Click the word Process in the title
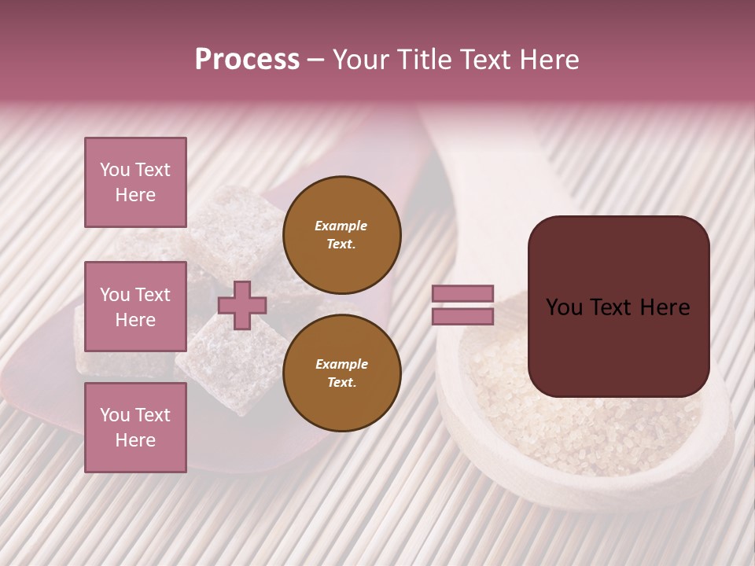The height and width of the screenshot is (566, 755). pos(247,60)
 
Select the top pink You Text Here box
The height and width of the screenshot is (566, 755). pos(135,182)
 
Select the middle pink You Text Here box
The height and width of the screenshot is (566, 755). pos(135,307)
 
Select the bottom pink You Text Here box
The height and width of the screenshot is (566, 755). pos(135,428)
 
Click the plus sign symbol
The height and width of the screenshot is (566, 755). pos(242,305)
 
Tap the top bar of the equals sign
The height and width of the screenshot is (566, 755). pos(462,293)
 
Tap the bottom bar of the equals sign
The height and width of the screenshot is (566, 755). pos(462,317)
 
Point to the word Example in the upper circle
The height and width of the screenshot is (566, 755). pos(341,226)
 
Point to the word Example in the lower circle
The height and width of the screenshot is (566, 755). pos(341,364)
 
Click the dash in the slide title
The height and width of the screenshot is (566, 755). pos(316,60)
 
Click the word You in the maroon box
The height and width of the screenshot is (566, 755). pos(564,307)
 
